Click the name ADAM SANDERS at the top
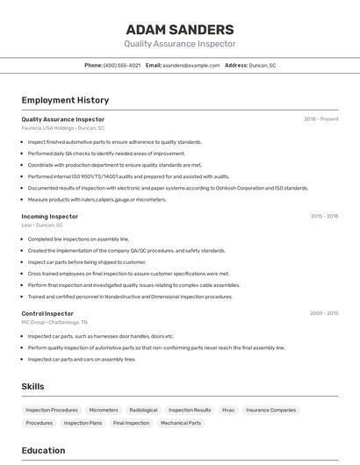(x=180, y=30)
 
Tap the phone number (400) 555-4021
(x=122, y=65)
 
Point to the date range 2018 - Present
(x=321, y=119)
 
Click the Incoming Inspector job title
(x=50, y=216)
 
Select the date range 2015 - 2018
(x=324, y=216)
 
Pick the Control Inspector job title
(x=47, y=313)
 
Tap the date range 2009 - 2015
(x=324, y=313)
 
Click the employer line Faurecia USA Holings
(x=63, y=128)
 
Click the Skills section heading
(x=33, y=386)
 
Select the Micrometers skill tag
(x=104, y=410)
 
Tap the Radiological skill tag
(x=143, y=410)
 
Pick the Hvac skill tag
(x=228, y=410)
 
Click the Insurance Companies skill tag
(x=270, y=410)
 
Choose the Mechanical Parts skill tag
(x=181, y=423)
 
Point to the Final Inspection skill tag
(x=132, y=423)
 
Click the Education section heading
(x=43, y=451)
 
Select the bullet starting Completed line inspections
(x=78, y=239)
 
